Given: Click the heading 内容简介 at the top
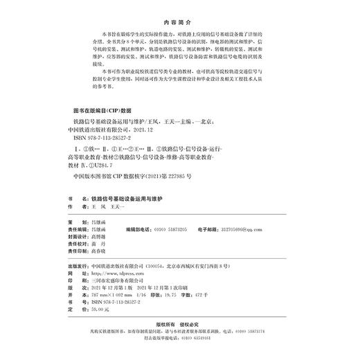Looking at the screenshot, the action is pyautogui.click(x=180, y=21).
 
